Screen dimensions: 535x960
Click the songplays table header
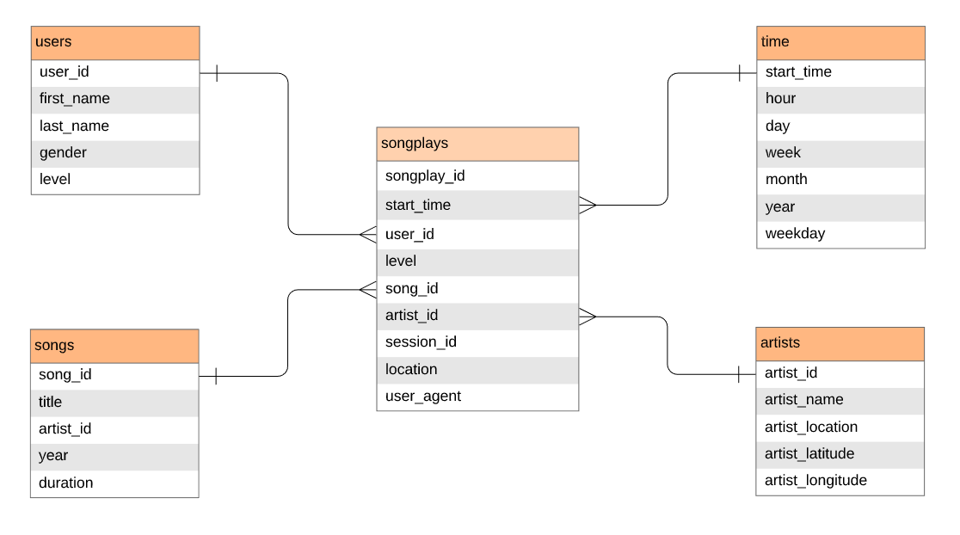point(477,144)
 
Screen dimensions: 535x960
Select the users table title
point(115,42)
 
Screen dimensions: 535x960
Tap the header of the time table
point(840,42)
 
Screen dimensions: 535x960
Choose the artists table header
point(840,343)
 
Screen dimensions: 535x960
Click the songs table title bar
point(114,346)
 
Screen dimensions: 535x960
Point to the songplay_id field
point(477,175)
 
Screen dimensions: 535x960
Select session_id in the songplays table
point(477,342)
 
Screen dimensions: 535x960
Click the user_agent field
point(477,397)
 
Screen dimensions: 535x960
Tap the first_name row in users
point(115,99)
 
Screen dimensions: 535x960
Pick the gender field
point(115,153)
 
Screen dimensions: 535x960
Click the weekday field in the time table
point(840,234)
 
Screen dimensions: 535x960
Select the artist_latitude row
point(840,454)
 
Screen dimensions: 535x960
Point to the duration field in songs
point(114,483)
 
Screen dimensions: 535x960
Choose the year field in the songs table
point(114,456)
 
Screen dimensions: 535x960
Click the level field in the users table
point(115,180)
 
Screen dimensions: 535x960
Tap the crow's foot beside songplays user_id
point(367,234)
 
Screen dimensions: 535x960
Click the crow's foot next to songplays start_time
point(588,205)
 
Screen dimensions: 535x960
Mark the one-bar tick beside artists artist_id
point(740,374)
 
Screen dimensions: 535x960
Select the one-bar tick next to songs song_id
point(214,376)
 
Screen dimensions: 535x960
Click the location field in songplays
point(477,370)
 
